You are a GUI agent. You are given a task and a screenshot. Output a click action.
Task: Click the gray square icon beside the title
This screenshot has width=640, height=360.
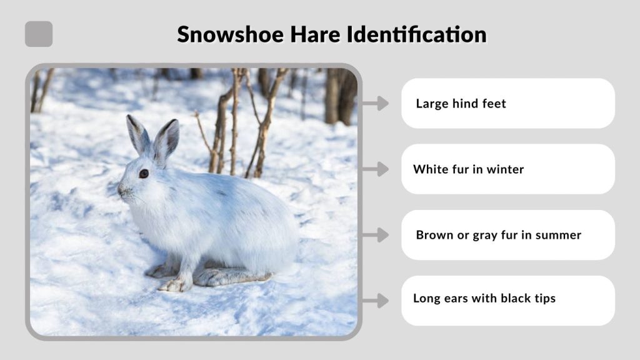point(39,34)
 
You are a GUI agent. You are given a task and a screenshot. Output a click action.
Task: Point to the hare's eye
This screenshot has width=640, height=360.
point(144,174)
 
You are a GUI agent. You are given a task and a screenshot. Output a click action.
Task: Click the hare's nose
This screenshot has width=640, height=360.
point(120,189)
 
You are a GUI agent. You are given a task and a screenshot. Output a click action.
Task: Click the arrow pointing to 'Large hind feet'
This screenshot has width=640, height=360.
point(375,103)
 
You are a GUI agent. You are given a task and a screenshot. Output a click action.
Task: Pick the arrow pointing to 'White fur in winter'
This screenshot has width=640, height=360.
point(375,169)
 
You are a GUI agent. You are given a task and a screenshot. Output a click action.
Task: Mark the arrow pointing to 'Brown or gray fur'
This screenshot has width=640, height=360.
point(375,235)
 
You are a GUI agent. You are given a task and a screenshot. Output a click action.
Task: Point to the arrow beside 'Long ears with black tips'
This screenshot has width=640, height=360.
point(375,301)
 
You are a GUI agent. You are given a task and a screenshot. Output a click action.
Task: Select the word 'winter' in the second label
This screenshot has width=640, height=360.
point(505,169)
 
